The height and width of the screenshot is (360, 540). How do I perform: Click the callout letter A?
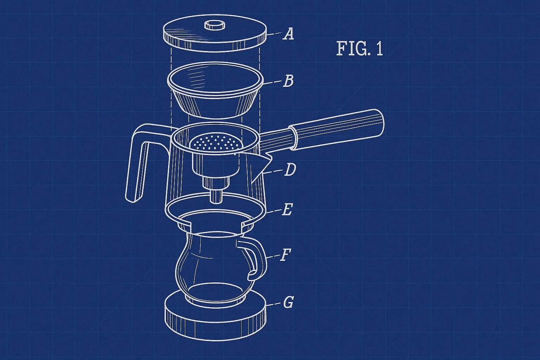click(288, 33)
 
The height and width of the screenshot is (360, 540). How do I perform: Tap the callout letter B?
click(288, 81)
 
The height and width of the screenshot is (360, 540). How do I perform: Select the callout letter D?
click(290, 169)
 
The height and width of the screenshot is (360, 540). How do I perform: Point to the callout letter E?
click(287, 209)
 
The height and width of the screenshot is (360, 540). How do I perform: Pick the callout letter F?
click(285, 255)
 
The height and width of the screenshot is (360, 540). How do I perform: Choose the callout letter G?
click(288, 302)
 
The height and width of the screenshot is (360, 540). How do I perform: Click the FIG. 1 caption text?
click(359, 49)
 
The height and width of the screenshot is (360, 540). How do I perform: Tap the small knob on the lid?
click(214, 25)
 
